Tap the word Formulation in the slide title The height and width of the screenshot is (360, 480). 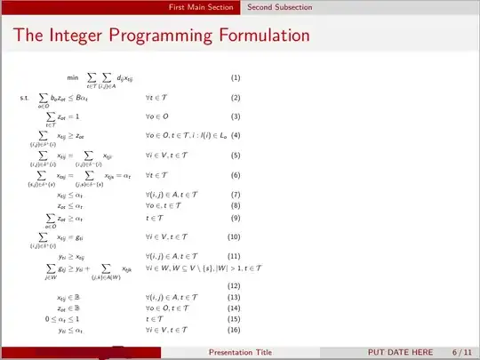click(257, 36)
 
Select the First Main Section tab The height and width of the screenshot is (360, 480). click(204, 7)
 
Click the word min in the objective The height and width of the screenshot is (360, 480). click(73, 78)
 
